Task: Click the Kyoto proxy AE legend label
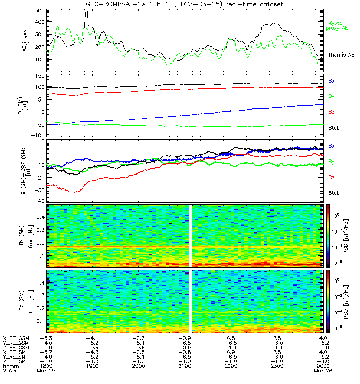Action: pos(337,26)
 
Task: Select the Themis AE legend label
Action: pos(341,55)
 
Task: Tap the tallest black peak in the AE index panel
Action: pos(86,11)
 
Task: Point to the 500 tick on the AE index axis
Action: pos(40,11)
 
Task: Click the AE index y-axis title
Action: pos(27,41)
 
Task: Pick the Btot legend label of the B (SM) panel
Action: pos(333,128)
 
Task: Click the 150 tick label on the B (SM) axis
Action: pos(40,76)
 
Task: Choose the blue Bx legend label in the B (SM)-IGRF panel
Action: pos(331,146)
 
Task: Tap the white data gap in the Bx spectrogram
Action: pos(190,236)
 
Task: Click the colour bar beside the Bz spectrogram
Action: pos(328,301)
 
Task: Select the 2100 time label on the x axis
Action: pos(185,366)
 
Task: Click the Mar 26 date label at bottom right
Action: pos(323,371)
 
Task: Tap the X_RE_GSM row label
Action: pos(16,338)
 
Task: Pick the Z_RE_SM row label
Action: pos(14,361)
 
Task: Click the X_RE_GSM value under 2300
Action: pos(277,338)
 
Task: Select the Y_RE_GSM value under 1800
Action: pos(46,343)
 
